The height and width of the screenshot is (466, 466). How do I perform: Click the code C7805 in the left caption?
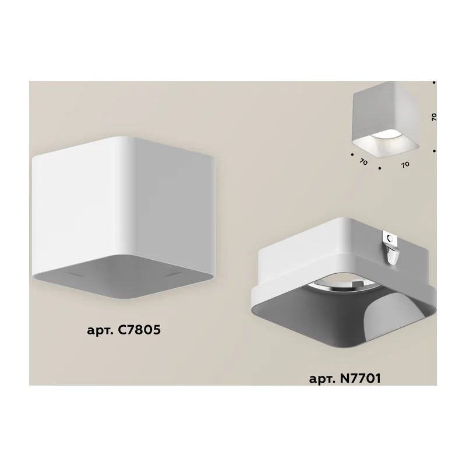click(139, 330)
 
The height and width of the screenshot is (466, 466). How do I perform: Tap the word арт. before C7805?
click(100, 331)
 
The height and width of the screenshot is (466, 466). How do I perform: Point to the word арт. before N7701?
click(322, 380)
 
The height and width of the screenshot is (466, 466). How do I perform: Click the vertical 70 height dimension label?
click(434, 117)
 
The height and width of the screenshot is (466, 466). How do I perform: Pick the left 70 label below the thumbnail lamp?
click(363, 162)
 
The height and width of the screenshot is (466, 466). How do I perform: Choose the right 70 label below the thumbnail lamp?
click(405, 164)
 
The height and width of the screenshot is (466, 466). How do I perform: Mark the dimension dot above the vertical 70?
click(434, 83)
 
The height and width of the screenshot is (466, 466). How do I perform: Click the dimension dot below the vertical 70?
click(434, 151)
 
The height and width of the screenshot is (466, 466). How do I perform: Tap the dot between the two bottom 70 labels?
click(380, 168)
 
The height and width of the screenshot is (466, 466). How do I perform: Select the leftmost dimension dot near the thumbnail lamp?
click(352, 154)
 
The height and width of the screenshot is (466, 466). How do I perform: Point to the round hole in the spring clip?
click(390, 238)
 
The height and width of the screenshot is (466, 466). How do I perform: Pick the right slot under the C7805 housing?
click(172, 274)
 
